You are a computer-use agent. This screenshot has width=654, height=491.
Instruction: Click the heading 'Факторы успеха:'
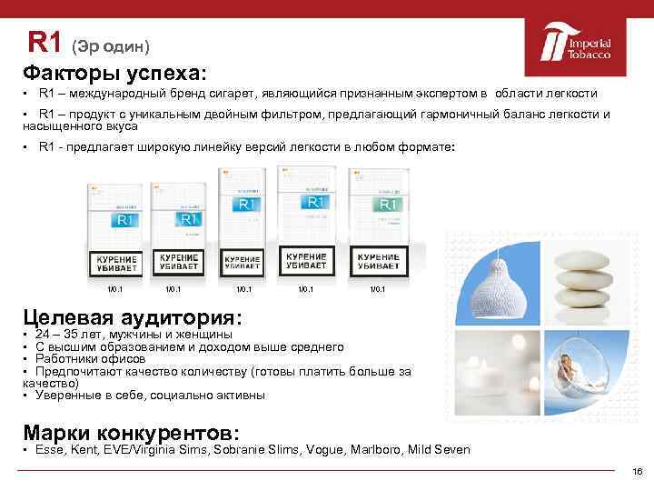click(x=115, y=70)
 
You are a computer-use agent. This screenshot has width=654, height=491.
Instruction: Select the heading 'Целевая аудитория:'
click(x=133, y=317)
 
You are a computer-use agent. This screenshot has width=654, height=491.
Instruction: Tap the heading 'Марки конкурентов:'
click(x=131, y=432)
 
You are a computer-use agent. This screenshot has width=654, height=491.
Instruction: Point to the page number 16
click(x=637, y=471)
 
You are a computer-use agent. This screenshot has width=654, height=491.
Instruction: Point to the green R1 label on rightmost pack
click(x=388, y=205)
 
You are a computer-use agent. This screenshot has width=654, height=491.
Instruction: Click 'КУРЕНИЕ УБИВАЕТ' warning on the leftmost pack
click(x=116, y=265)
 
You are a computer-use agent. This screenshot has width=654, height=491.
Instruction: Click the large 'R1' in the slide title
click(x=45, y=42)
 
